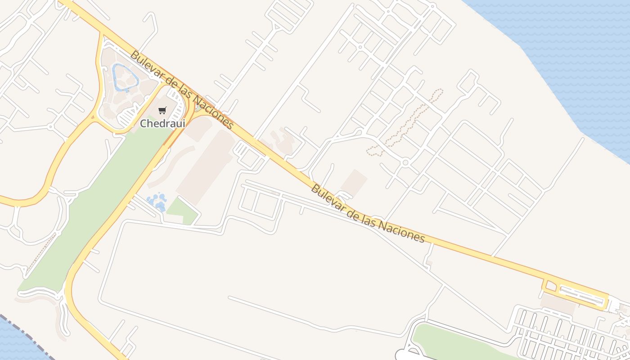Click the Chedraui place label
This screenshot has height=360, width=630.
click(162, 123)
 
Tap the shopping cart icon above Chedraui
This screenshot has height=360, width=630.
click(162, 110)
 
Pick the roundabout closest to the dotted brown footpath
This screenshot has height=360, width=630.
click(405, 162)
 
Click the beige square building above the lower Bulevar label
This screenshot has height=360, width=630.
click(354, 183)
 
